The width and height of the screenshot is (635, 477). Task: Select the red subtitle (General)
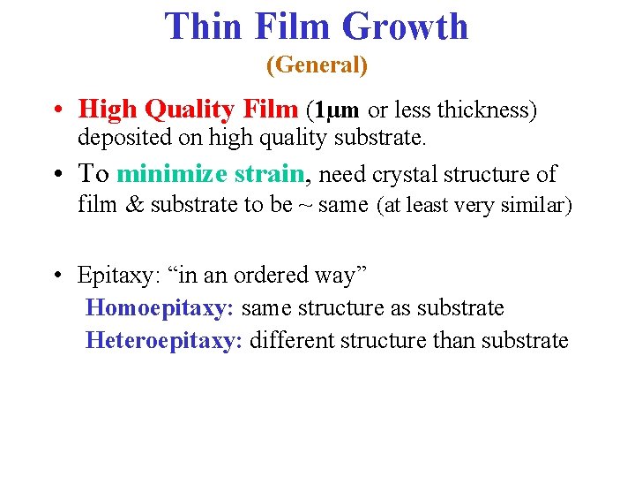[317, 65]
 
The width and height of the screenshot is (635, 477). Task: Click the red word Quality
[190, 110]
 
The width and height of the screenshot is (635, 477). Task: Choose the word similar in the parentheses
[536, 207]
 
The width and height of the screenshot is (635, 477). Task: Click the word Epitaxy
[114, 276]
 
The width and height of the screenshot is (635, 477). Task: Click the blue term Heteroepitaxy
[163, 340]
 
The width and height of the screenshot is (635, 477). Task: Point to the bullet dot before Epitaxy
[56, 276]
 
